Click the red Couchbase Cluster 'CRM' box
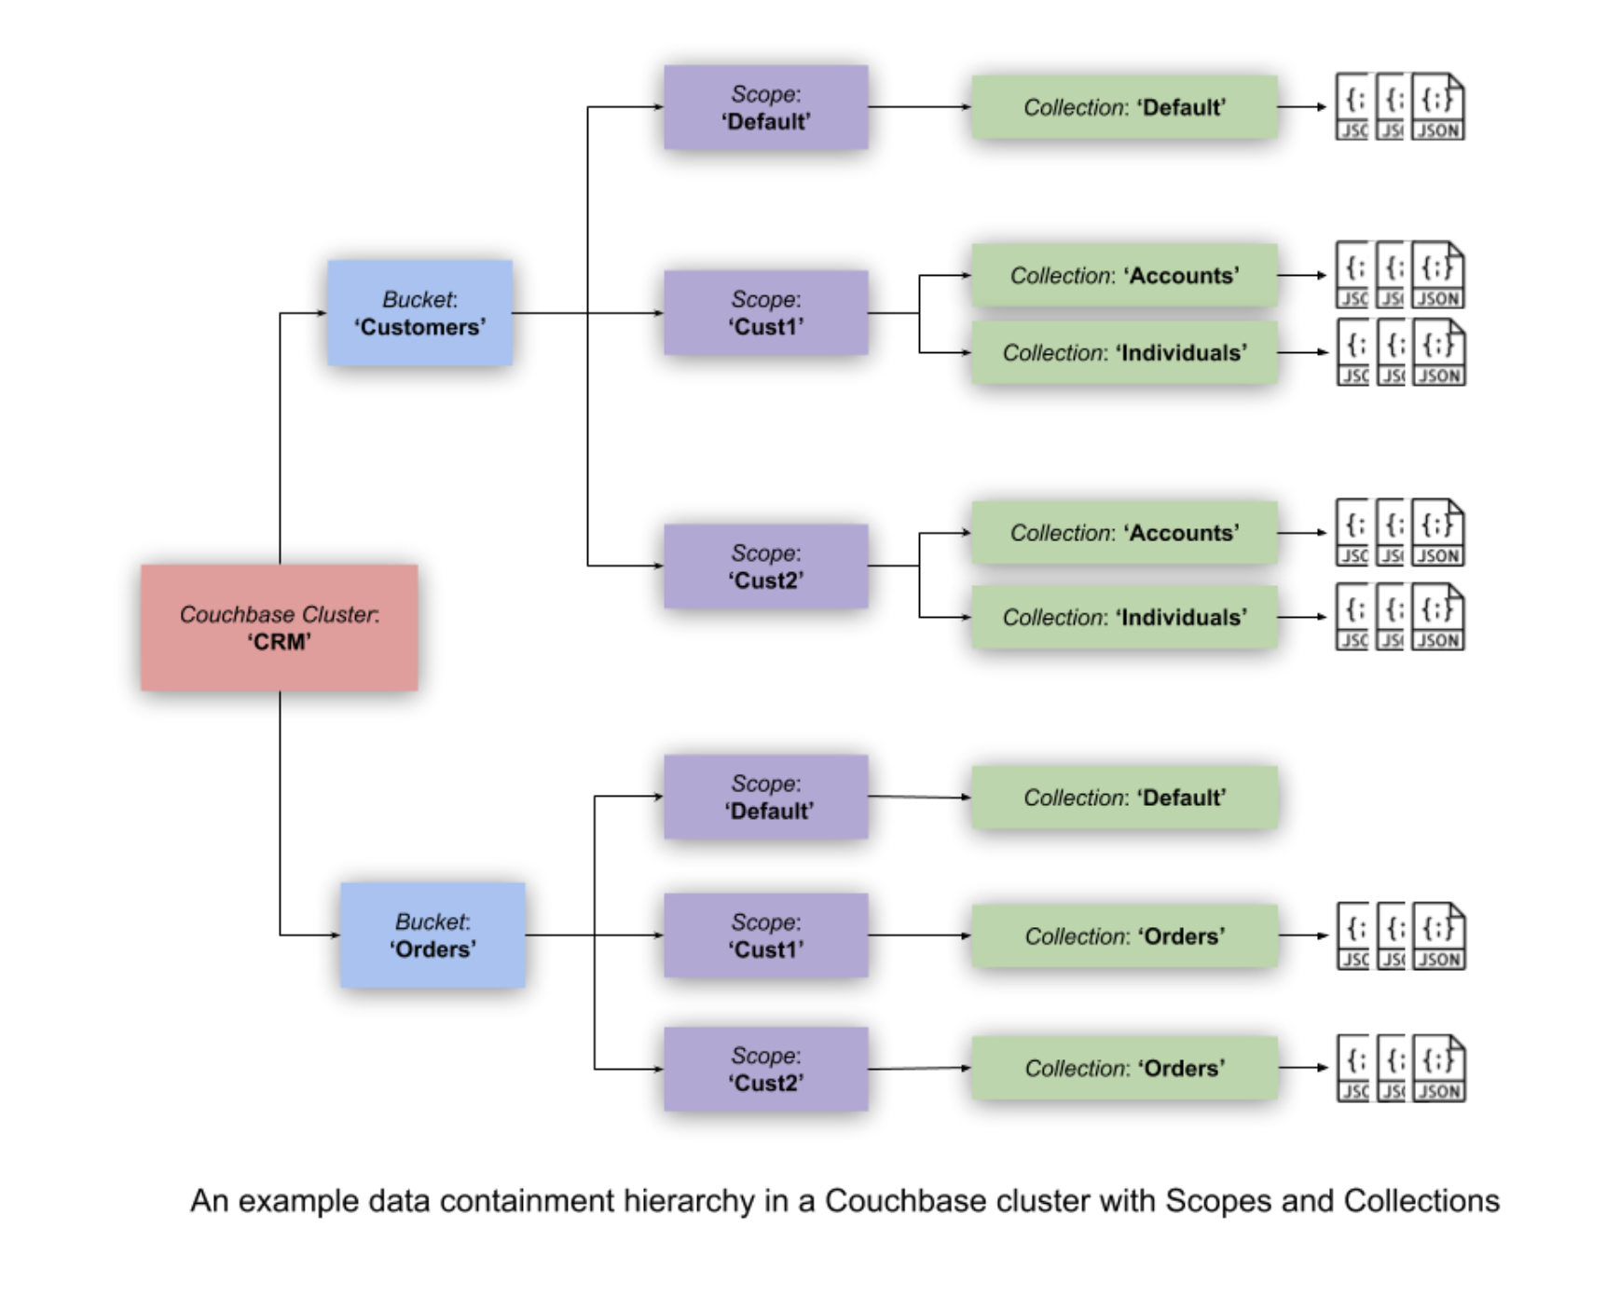pos(279,627)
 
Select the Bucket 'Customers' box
pos(419,312)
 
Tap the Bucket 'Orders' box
pos(432,935)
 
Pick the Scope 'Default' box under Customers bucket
pos(765,107)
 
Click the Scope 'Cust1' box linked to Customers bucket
pos(765,312)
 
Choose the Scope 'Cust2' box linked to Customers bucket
pos(765,566)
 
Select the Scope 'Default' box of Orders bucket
pos(765,797)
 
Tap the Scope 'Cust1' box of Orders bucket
pos(765,935)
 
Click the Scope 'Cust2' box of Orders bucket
pos(765,1069)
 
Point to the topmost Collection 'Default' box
pos(1123,107)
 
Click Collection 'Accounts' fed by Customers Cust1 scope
pos(1123,275)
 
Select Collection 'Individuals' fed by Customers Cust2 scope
pos(1123,617)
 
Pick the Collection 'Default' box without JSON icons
pos(1123,797)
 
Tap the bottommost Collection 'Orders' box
pos(1123,1068)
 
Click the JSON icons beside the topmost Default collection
pos(1399,107)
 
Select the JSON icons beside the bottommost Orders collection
pos(1400,1068)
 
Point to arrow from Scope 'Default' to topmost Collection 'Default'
pos(918,107)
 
